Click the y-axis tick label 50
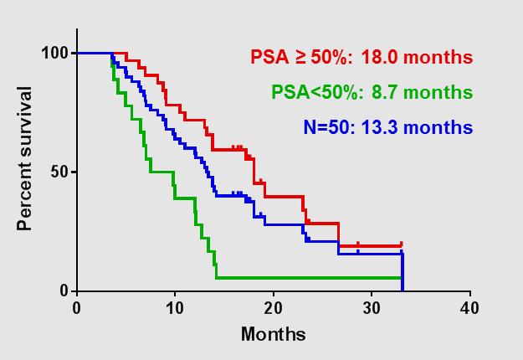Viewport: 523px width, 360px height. point(59,172)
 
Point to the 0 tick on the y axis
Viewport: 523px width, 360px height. point(64,291)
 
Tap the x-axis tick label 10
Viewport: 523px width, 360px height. point(175,308)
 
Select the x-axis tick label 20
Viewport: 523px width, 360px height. point(273,308)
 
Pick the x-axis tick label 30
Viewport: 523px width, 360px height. point(372,308)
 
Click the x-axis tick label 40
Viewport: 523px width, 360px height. point(469,308)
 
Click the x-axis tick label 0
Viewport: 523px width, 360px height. point(77,308)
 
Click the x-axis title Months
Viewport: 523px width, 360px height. point(273,334)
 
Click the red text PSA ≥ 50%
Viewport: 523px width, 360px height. point(304,58)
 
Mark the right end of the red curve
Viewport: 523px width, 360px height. point(402,244)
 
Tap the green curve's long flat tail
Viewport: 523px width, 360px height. point(310,277)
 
